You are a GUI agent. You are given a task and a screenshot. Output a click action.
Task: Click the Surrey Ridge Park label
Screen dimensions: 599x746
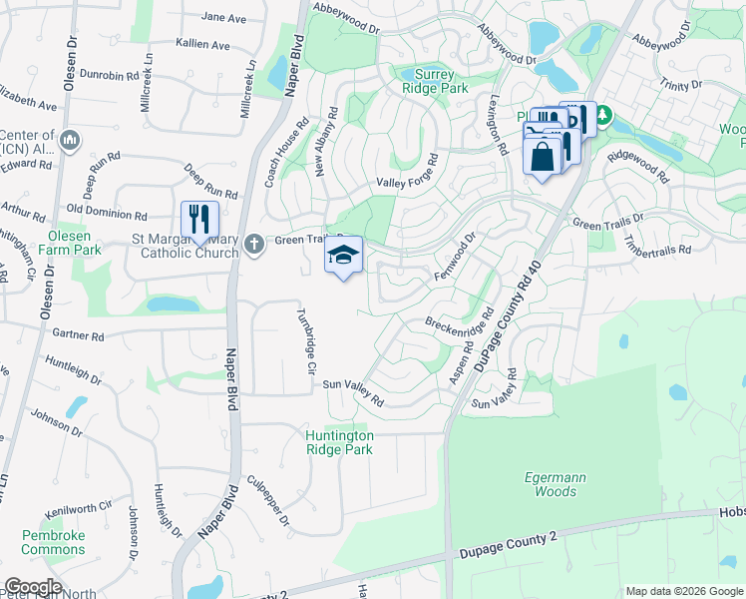(x=434, y=81)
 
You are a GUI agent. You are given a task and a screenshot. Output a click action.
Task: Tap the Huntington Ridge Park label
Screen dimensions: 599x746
(x=340, y=442)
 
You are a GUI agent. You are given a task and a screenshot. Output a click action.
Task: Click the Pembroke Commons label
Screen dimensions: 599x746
(x=54, y=542)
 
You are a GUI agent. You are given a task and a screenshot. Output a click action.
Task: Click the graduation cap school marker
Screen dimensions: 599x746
(x=343, y=256)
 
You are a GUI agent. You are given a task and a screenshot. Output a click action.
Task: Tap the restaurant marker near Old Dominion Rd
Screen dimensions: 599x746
(x=199, y=219)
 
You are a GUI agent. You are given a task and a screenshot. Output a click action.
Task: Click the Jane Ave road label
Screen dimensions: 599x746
(x=223, y=18)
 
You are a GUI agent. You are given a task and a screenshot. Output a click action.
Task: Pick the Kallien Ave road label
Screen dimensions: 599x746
(x=202, y=45)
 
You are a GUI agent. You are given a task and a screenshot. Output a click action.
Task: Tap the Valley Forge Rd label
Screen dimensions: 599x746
(x=407, y=176)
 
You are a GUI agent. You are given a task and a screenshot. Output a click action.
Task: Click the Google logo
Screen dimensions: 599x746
(x=32, y=587)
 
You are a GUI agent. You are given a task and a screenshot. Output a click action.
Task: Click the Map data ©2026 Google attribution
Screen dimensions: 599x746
(x=684, y=591)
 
